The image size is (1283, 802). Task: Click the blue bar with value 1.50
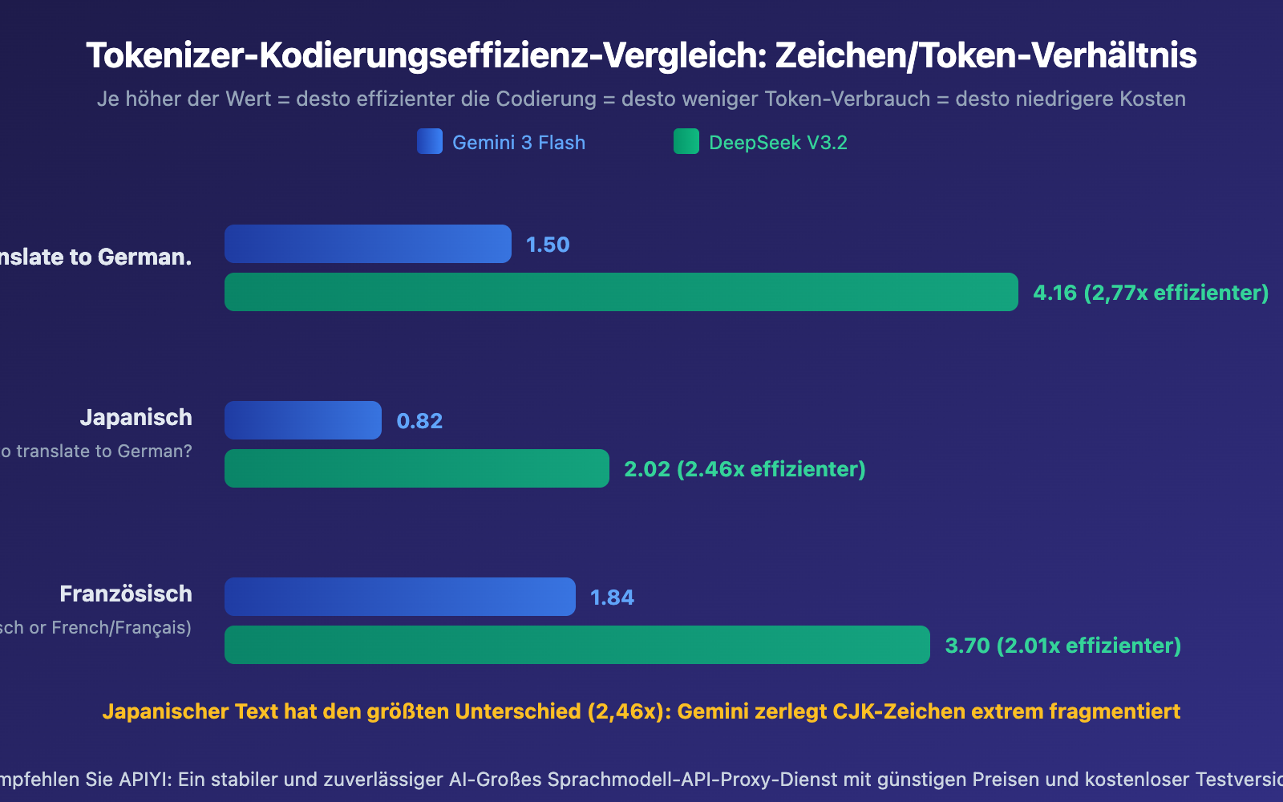(x=367, y=244)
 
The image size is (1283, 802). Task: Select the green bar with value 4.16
(x=621, y=292)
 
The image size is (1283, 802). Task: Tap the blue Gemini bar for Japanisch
(x=302, y=420)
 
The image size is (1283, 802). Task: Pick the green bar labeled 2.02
(x=416, y=468)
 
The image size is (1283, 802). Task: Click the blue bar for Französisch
(x=399, y=597)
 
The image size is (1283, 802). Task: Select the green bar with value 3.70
(x=577, y=645)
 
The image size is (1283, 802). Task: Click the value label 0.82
(x=419, y=421)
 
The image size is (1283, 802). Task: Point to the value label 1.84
(x=612, y=597)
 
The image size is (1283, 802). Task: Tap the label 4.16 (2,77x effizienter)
(x=1150, y=293)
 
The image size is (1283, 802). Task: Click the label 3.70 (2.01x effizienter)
(x=1062, y=646)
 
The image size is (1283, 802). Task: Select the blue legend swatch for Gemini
(x=430, y=141)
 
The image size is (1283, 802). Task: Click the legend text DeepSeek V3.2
(x=778, y=143)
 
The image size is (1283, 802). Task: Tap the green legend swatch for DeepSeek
(x=686, y=141)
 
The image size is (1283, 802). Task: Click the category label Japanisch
(x=136, y=417)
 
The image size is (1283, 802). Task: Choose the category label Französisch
(x=126, y=593)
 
